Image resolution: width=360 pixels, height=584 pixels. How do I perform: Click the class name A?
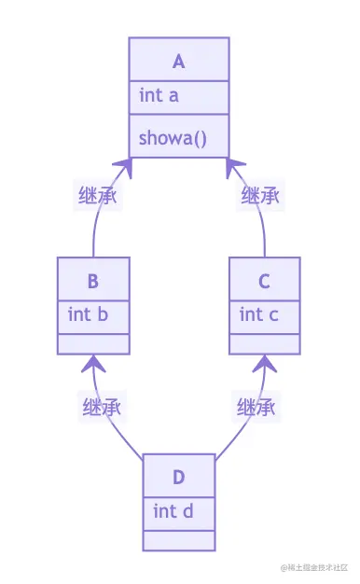point(179,62)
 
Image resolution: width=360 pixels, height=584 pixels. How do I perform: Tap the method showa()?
point(173,139)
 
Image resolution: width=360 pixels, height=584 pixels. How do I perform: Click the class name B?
point(93,280)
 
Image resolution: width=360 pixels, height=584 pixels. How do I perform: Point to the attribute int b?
point(88,314)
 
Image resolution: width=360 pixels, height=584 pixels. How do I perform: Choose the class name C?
point(266,280)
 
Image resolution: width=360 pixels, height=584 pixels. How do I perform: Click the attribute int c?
point(259,314)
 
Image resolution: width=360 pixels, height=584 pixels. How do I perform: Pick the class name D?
point(179,478)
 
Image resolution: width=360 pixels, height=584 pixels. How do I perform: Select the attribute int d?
point(173,511)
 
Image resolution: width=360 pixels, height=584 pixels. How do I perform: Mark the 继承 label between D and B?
point(104,408)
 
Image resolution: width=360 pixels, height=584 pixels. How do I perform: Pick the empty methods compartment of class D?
point(179,539)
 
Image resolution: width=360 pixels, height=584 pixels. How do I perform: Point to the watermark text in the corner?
point(314,567)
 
